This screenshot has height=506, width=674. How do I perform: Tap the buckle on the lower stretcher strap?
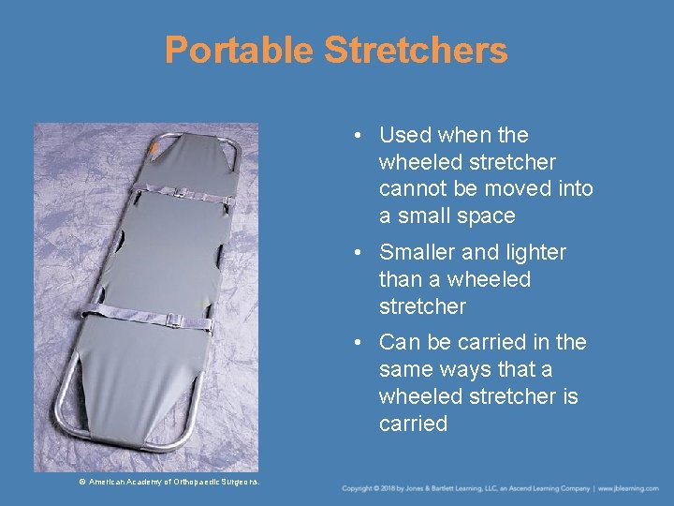coord(173,320)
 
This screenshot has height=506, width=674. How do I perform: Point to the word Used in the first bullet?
coord(404,135)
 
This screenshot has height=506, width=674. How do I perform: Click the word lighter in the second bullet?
coord(534,252)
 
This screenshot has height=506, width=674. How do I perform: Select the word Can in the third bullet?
coord(398,342)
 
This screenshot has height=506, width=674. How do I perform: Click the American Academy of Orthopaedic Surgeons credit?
coord(169,482)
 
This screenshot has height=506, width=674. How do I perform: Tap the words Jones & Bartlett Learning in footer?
coord(448,489)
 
